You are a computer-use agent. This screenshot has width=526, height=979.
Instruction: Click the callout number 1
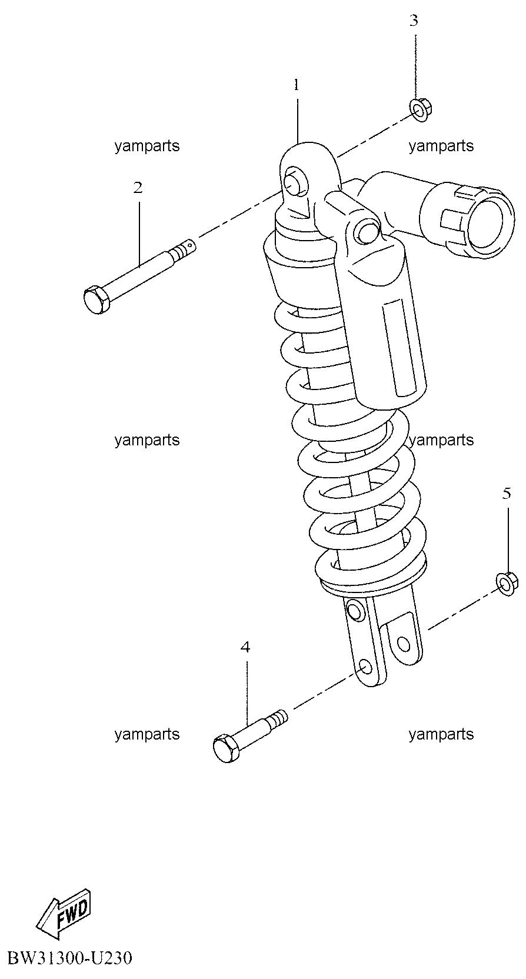click(297, 84)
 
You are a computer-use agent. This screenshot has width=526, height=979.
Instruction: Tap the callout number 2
click(138, 188)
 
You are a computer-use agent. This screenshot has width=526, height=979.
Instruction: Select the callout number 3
click(414, 20)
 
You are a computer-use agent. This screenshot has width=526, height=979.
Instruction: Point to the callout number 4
click(245, 647)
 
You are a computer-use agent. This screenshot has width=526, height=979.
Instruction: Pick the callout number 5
click(507, 493)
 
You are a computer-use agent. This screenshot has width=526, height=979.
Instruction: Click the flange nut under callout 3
click(421, 109)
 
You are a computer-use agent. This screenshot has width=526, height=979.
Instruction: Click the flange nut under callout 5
click(507, 584)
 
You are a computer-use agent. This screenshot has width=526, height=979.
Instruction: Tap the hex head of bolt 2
click(96, 300)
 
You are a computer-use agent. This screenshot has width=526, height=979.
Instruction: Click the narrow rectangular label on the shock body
click(400, 348)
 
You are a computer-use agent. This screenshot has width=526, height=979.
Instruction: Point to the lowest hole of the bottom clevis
click(365, 667)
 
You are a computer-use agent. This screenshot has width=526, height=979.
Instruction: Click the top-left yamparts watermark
click(147, 146)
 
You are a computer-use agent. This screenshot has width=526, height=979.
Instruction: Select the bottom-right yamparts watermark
click(441, 734)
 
